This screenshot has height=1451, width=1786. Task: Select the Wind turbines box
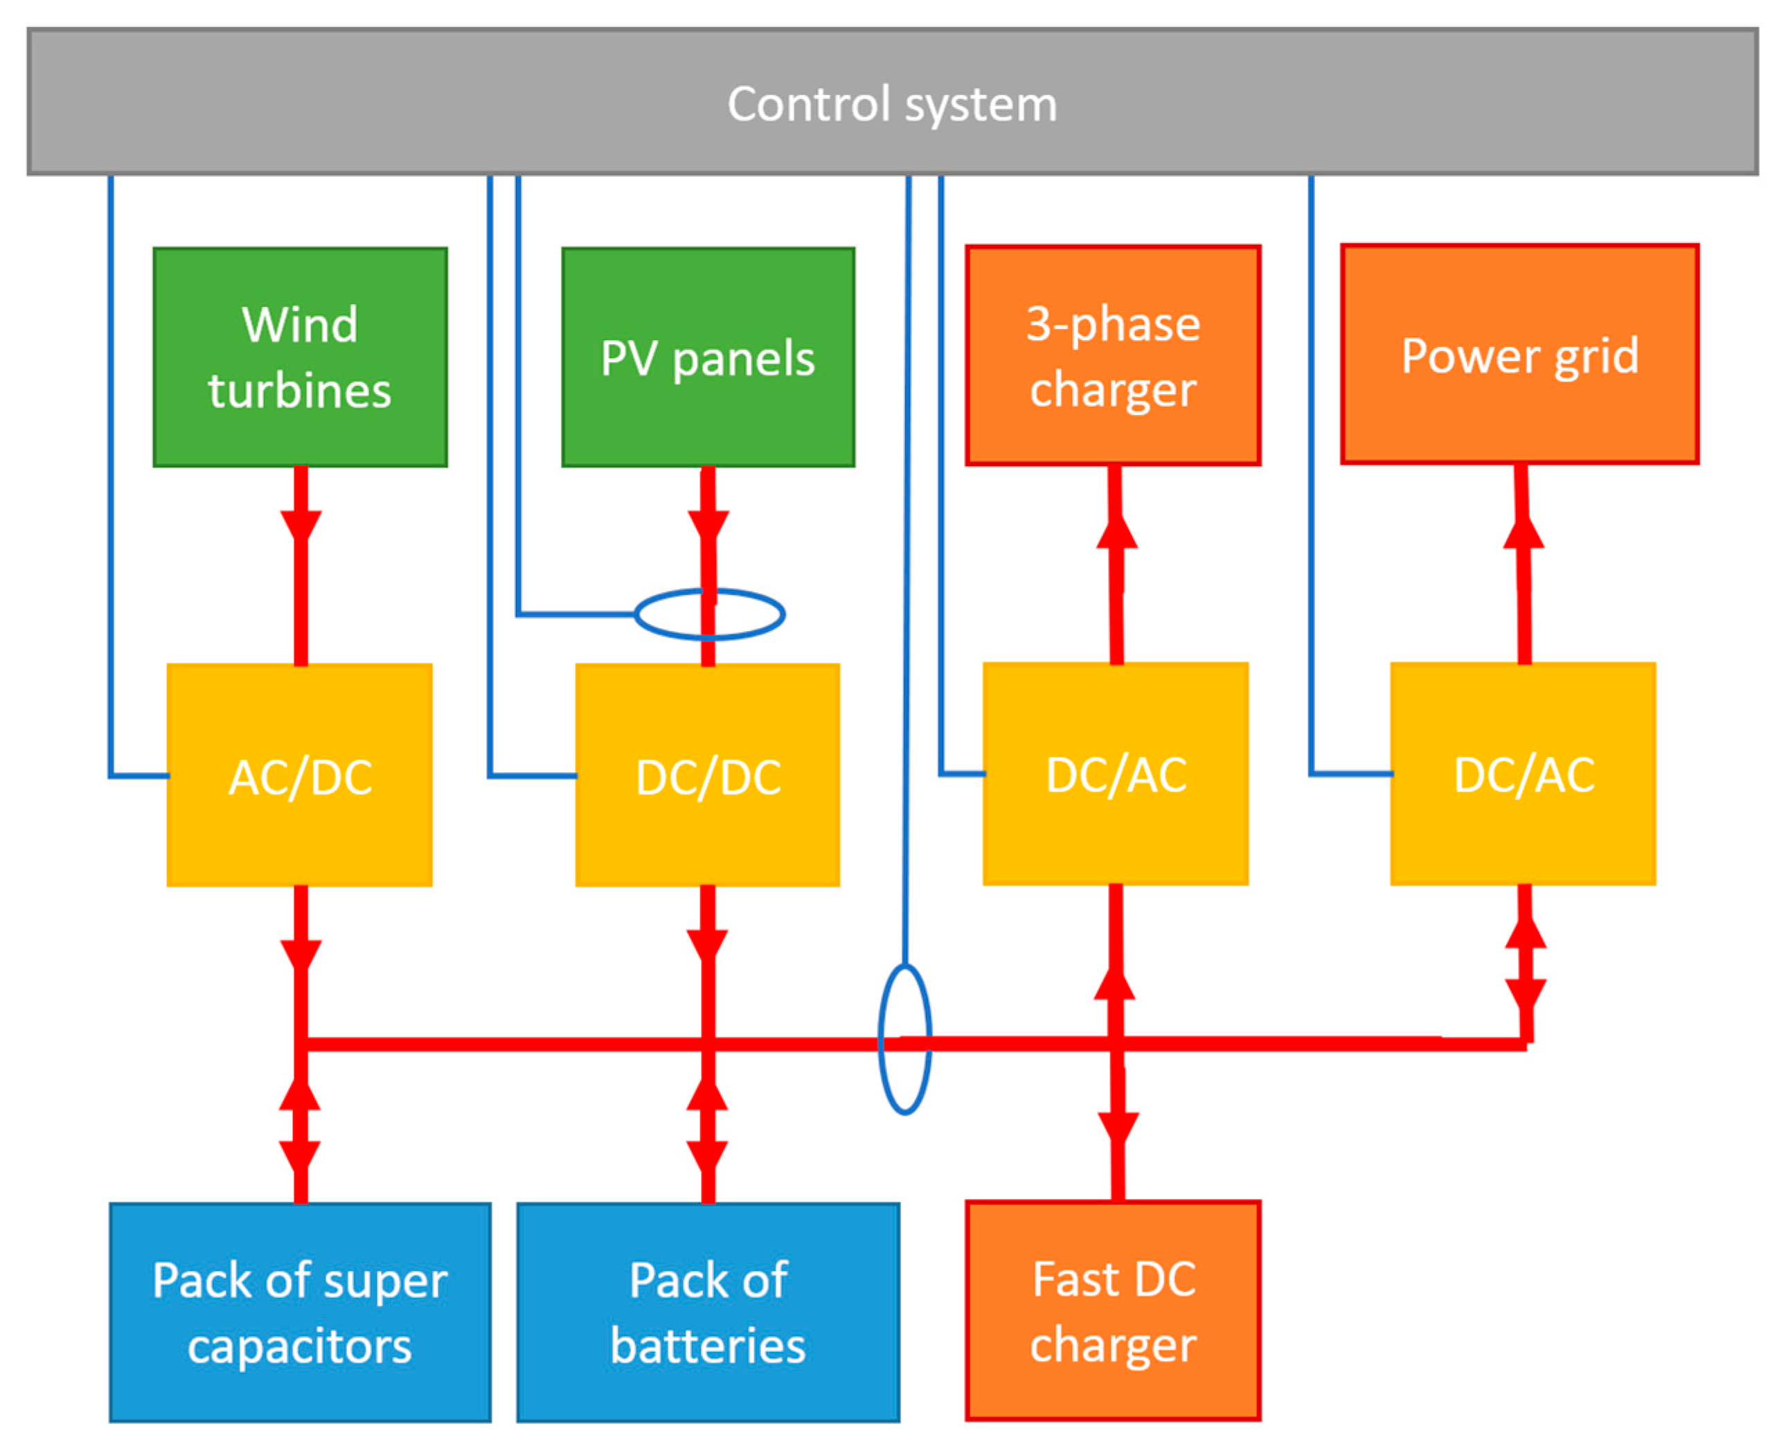point(300,357)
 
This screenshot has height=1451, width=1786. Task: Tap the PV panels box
point(708,357)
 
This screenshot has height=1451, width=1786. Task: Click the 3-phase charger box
point(1112,355)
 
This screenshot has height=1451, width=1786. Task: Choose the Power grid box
point(1519,355)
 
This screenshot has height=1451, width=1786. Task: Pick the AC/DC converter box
point(300,775)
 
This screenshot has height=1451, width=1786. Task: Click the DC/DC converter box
point(708,775)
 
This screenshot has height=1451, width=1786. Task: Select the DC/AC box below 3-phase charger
point(1115,773)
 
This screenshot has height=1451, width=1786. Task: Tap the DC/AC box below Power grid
point(1523,773)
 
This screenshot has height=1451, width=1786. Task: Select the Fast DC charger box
point(1112,1310)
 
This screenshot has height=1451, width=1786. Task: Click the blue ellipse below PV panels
point(710,614)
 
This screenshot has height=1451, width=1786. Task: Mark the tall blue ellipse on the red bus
point(904,1039)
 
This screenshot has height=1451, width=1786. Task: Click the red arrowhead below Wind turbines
point(301,527)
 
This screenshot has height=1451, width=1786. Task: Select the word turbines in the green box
point(300,391)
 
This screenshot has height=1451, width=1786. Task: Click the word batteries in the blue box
point(708,1346)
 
